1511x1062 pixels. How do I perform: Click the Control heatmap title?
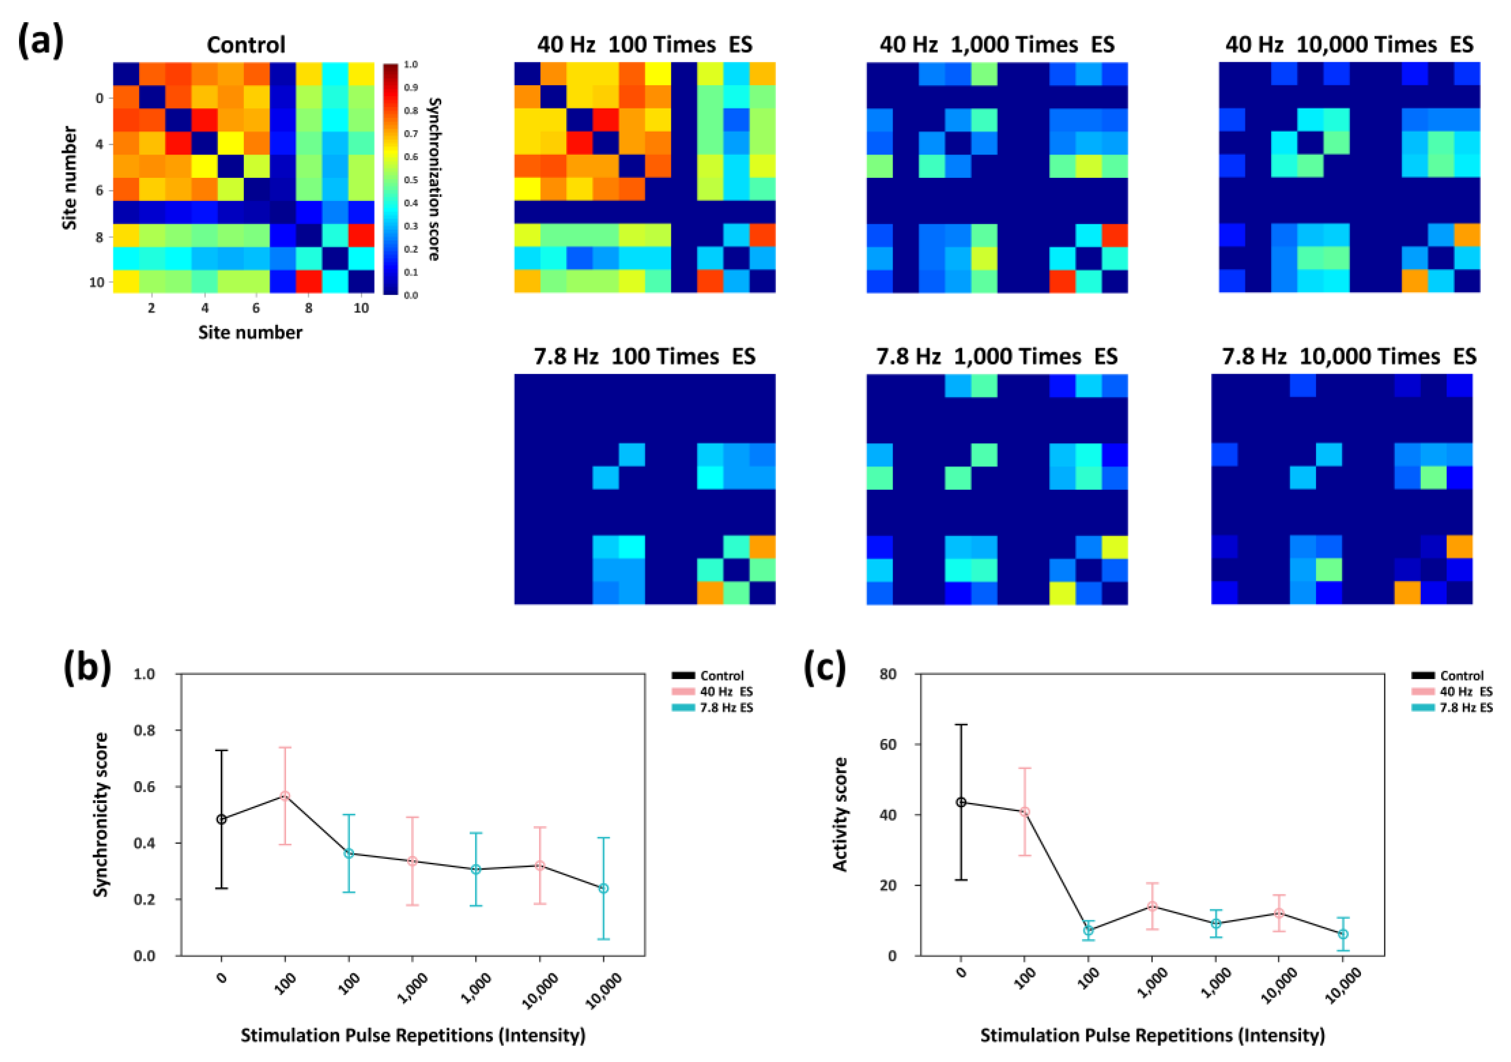245,45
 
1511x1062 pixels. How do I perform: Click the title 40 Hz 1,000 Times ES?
996,45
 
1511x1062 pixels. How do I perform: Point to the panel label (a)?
40,41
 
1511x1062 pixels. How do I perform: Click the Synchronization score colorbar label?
434,179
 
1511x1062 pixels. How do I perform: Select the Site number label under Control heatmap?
250,333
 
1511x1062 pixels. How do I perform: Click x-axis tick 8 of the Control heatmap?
308,308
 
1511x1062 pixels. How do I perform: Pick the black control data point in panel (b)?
222,819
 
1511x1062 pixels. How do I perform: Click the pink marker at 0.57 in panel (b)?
285,795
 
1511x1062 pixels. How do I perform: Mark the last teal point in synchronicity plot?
603,888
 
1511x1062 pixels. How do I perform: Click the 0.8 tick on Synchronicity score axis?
144,730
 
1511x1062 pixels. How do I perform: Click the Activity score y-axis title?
841,814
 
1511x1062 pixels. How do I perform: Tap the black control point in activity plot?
961,802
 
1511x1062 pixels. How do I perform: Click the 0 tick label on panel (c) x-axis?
961,973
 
